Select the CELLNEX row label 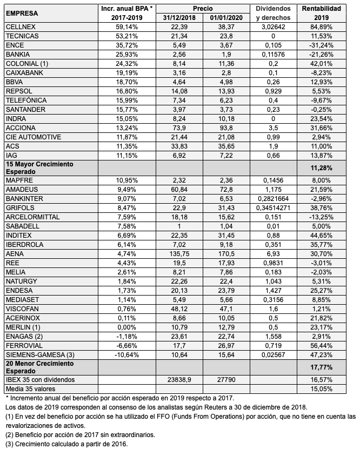pyautogui.click(x=19, y=26)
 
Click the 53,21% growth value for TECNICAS pyautogui.click(x=127, y=36)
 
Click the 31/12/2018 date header pyautogui.click(x=178, y=18)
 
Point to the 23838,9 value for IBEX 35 pyautogui.click(x=178, y=380)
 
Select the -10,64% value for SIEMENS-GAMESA pyautogui.click(x=127, y=354)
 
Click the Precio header pyautogui.click(x=202, y=9)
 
